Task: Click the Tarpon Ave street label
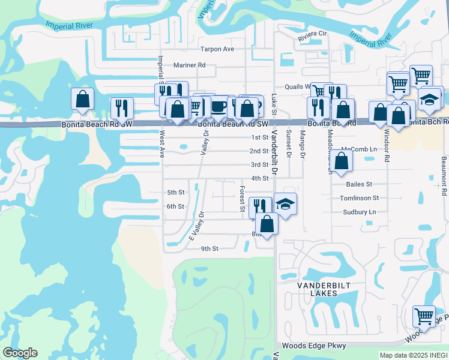tap(217, 49)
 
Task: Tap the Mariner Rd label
tap(189, 65)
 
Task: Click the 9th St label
tap(209, 248)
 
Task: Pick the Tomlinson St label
tap(359, 198)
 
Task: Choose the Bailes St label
tap(359, 184)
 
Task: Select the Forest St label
tap(242, 199)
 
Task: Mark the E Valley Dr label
tap(197, 226)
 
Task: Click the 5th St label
tap(175, 193)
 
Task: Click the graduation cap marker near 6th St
tap(286, 203)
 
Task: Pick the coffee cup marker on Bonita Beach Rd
tap(219, 106)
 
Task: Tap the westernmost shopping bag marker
tap(82, 99)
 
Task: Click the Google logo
tap(20, 353)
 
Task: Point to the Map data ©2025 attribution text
tap(414, 355)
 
